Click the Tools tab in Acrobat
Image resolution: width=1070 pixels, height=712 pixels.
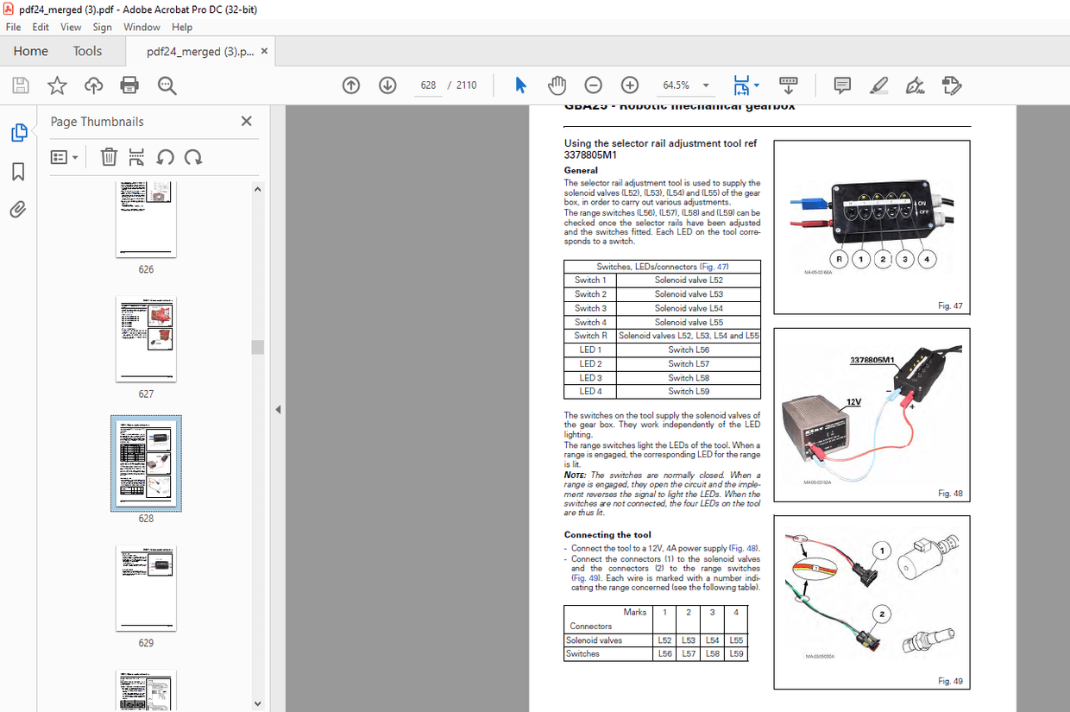87,51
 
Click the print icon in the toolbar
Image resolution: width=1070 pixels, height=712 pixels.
129,85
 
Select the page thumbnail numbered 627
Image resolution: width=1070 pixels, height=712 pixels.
146,339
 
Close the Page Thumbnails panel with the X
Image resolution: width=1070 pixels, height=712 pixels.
246,122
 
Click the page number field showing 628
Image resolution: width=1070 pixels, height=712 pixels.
429,85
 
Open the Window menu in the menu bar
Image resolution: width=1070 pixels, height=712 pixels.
142,27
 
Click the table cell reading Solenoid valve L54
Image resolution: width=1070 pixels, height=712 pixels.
689,308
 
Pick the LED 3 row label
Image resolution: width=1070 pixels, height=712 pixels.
591,378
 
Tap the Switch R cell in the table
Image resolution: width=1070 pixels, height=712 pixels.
591,336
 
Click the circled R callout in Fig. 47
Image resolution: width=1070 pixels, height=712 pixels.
838,258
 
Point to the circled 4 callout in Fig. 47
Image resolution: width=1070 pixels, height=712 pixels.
927,258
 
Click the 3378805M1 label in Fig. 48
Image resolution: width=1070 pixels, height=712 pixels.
872,360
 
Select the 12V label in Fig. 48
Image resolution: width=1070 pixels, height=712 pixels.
853,402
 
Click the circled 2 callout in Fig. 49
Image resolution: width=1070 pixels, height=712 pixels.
881,614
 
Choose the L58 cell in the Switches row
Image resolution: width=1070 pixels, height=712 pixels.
712,654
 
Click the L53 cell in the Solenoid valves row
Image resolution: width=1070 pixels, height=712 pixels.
688,640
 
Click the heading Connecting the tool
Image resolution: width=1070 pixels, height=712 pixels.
607,535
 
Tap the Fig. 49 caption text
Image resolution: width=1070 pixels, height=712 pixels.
950,681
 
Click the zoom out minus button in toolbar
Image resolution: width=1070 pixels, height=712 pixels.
593,85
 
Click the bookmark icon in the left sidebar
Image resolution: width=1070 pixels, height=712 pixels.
18,172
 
